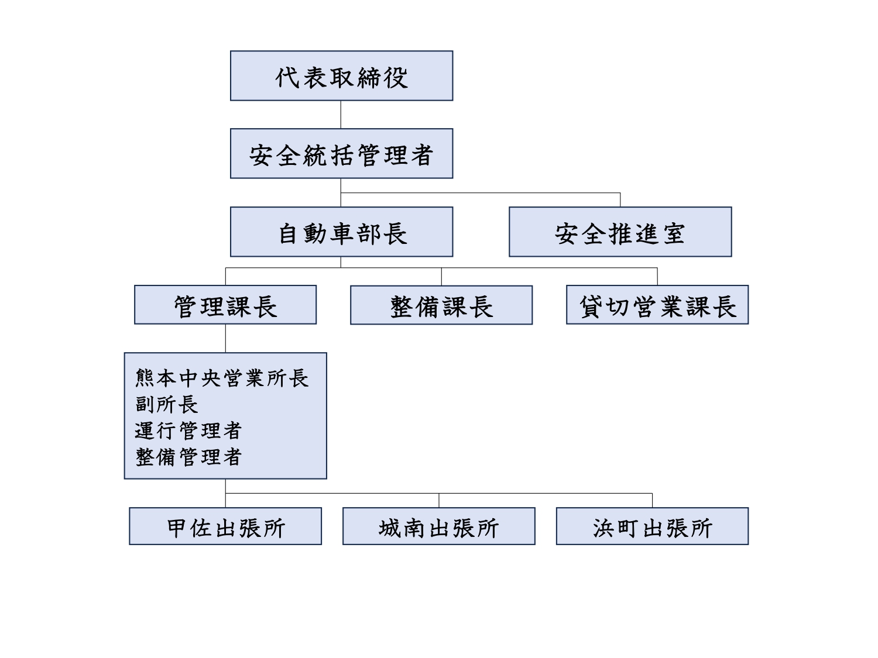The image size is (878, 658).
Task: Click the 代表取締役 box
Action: point(341,75)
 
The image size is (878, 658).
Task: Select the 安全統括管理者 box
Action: point(341,153)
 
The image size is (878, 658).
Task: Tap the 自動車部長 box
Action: point(341,232)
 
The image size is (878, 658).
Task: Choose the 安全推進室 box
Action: point(620,232)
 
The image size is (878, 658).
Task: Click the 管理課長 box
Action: point(225,304)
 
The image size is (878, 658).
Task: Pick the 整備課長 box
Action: point(441,305)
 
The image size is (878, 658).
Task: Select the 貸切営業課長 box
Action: point(657,304)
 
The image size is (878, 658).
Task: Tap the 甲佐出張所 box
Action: point(225,526)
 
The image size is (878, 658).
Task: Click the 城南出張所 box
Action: point(439,526)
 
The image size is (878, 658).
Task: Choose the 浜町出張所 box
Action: point(653,526)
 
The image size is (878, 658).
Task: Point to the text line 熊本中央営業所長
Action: point(222,378)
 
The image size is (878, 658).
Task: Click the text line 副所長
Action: point(166,404)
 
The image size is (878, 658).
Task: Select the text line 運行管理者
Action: point(188,430)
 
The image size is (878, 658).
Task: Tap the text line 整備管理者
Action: point(188,457)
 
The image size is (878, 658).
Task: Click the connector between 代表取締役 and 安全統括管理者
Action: point(341,115)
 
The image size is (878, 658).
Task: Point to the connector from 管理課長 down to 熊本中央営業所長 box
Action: point(225,339)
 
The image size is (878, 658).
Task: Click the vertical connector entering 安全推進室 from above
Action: point(620,200)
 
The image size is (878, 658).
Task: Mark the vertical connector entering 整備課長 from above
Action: point(441,277)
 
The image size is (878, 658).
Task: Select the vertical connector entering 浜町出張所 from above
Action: point(653,501)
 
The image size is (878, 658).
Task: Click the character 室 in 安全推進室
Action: point(674,234)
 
